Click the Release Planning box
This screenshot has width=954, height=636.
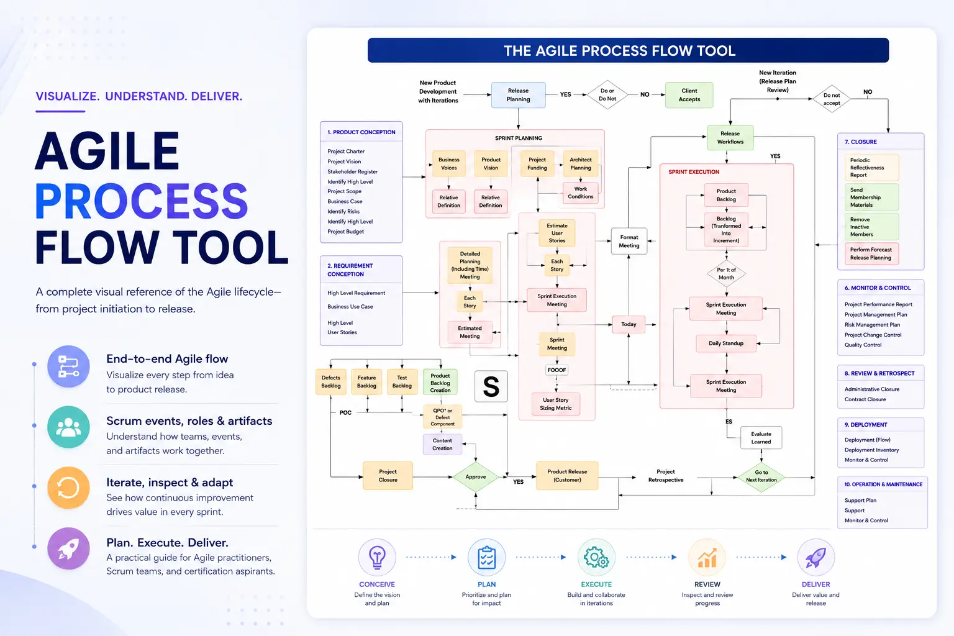click(x=519, y=95)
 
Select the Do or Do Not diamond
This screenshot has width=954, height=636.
click(x=607, y=94)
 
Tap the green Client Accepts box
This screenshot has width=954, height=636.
click(x=689, y=95)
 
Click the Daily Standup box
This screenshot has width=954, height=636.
click(x=726, y=343)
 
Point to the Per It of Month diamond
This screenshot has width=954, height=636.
click(x=726, y=273)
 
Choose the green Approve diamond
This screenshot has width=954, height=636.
click(x=476, y=476)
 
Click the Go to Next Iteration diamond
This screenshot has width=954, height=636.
click(x=761, y=476)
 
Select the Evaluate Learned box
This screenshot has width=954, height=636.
click(x=761, y=437)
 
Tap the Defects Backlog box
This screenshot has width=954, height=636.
click(x=331, y=382)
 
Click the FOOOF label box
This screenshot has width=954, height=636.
click(x=556, y=370)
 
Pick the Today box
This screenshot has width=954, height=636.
click(x=629, y=324)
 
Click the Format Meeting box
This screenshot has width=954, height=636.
click(x=629, y=241)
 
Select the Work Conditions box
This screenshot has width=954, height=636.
click(x=581, y=193)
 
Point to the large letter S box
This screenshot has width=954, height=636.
click(x=491, y=386)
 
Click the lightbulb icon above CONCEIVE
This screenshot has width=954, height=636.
click(x=377, y=557)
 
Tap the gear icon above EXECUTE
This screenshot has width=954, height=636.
click(x=596, y=557)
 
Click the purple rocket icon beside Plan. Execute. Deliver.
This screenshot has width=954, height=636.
click(x=68, y=548)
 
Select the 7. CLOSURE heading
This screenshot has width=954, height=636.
click(x=861, y=142)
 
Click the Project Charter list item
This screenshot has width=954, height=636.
click(x=346, y=151)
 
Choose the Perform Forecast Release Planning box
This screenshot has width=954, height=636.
click(x=871, y=253)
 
